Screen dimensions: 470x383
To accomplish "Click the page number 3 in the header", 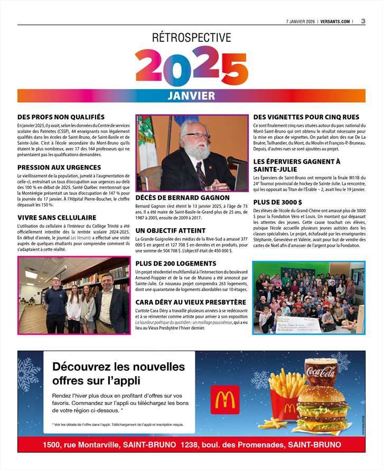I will (363, 21).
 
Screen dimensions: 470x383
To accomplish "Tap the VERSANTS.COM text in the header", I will (335, 22).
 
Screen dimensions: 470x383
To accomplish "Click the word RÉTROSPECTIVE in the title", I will (191, 38).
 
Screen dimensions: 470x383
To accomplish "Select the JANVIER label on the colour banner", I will (191, 96).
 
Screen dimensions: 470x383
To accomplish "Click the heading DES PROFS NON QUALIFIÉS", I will (61, 117).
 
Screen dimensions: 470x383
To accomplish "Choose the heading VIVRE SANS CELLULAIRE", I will (57, 218).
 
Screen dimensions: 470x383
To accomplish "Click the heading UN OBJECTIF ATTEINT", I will (171, 231).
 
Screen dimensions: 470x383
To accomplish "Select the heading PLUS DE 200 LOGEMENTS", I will (175, 264).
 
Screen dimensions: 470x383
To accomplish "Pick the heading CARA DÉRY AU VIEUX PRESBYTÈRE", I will (191, 302).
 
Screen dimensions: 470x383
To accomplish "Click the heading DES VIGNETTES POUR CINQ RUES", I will (306, 117).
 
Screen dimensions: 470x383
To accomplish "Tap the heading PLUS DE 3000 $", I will (278, 202).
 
